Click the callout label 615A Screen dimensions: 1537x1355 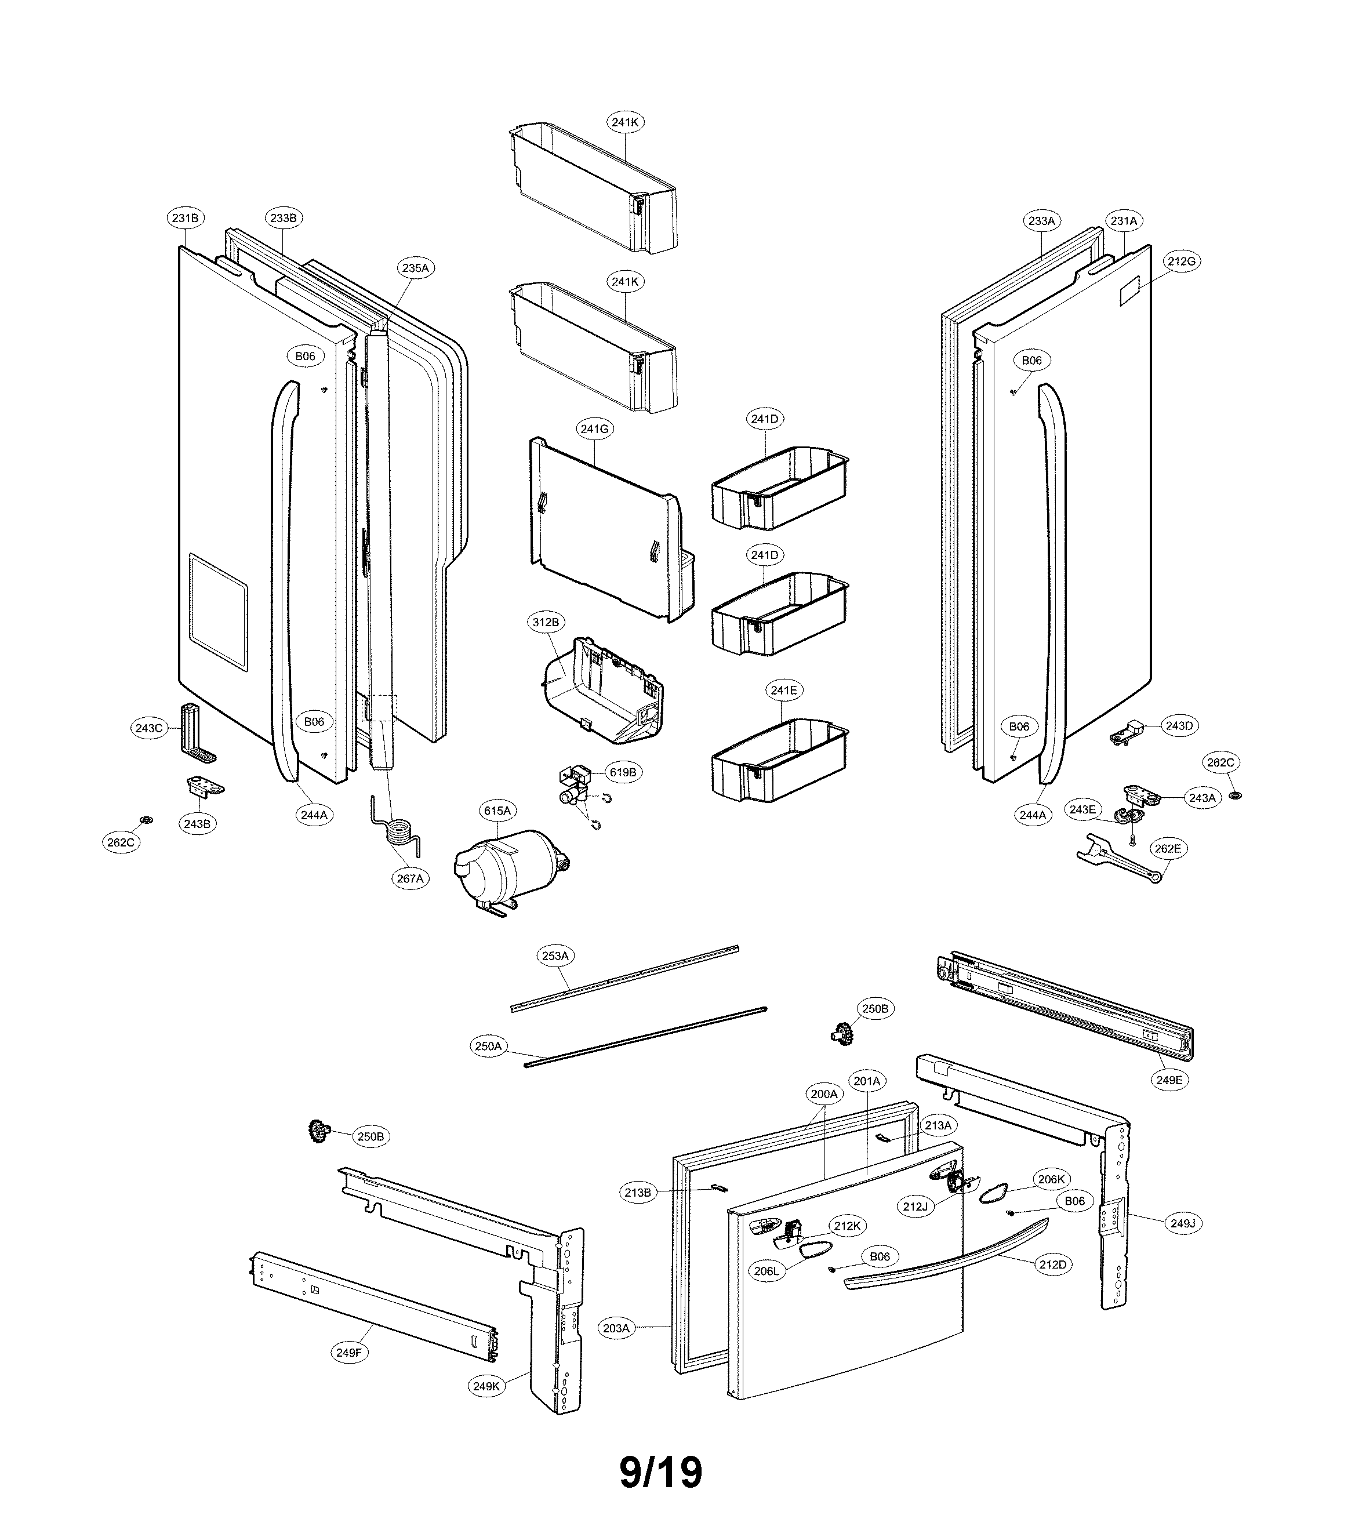[497, 811]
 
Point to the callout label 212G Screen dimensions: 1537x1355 [1181, 261]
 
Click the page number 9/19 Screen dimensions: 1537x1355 [661, 1471]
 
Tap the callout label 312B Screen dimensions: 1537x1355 [546, 623]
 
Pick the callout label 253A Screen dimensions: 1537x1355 [555, 955]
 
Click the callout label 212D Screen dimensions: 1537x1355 [1053, 1265]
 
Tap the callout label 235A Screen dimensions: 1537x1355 [415, 268]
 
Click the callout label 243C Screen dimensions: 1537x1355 [148, 728]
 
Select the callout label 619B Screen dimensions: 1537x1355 [623, 772]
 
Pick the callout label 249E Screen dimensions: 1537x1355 [1169, 1080]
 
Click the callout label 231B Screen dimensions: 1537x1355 [185, 218]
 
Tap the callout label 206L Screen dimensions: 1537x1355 [766, 1271]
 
